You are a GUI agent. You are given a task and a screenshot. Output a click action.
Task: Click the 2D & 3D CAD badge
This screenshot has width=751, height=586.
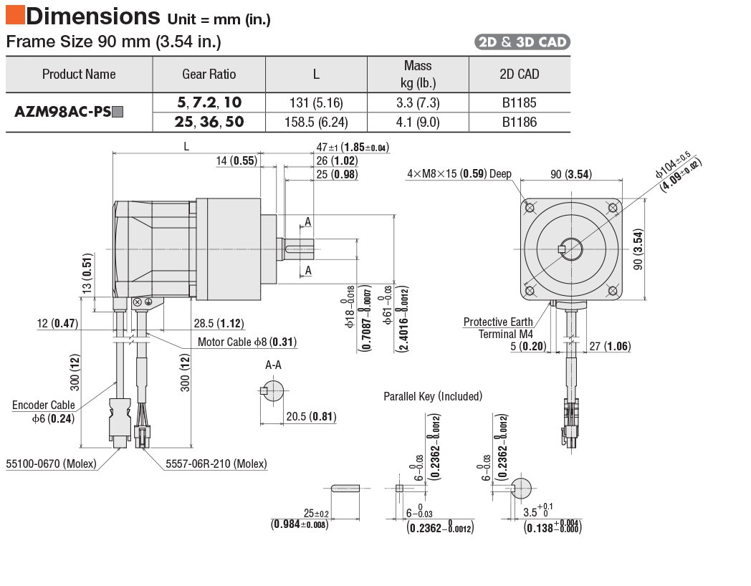click(522, 42)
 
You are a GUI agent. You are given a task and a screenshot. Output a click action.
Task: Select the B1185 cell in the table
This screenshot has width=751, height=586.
click(519, 103)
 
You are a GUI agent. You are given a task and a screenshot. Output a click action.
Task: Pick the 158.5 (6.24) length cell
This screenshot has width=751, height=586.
click(316, 123)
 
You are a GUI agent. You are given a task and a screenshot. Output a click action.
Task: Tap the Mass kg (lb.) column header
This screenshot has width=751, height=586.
click(418, 74)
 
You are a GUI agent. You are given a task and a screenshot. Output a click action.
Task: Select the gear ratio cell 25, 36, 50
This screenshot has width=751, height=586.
click(209, 123)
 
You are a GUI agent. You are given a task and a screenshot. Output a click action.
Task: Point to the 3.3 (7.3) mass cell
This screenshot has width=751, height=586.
click(418, 103)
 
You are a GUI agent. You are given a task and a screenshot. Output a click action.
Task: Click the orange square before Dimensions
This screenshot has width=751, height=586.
click(14, 14)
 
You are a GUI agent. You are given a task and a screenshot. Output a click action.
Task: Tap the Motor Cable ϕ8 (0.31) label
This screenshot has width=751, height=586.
click(247, 342)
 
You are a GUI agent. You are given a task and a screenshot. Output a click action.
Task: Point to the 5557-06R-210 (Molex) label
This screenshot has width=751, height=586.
click(216, 464)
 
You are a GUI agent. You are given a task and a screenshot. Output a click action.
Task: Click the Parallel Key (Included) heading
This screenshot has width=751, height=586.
click(433, 396)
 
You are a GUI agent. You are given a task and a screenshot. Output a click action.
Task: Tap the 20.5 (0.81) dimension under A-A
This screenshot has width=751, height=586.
click(311, 416)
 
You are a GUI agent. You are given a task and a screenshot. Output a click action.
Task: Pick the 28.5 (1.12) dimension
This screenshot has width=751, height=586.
click(220, 323)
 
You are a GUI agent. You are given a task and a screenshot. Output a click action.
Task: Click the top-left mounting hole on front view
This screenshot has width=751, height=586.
click(531, 208)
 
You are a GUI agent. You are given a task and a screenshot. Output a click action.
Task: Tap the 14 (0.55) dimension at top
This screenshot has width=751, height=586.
click(236, 161)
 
